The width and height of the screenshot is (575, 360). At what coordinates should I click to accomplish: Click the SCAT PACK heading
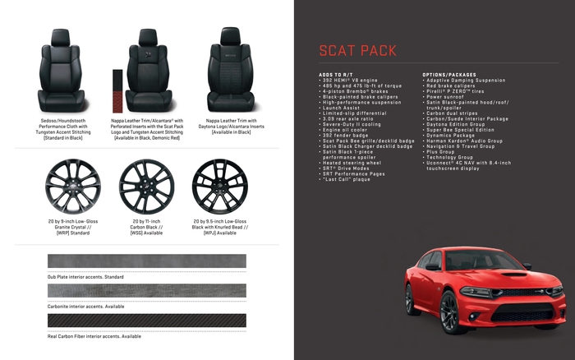[x=357, y=50]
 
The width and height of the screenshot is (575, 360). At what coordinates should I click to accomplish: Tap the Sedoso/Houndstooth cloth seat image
[x=65, y=72]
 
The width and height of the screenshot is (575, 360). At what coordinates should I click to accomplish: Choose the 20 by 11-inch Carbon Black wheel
[x=147, y=185]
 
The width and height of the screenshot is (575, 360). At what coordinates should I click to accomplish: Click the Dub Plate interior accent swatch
[x=147, y=261]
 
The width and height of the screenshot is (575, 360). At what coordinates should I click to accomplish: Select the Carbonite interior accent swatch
[x=147, y=291]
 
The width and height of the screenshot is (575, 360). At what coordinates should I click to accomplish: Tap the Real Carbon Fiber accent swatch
[x=147, y=321]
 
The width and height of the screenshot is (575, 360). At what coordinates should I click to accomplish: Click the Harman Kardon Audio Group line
[x=464, y=141]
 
